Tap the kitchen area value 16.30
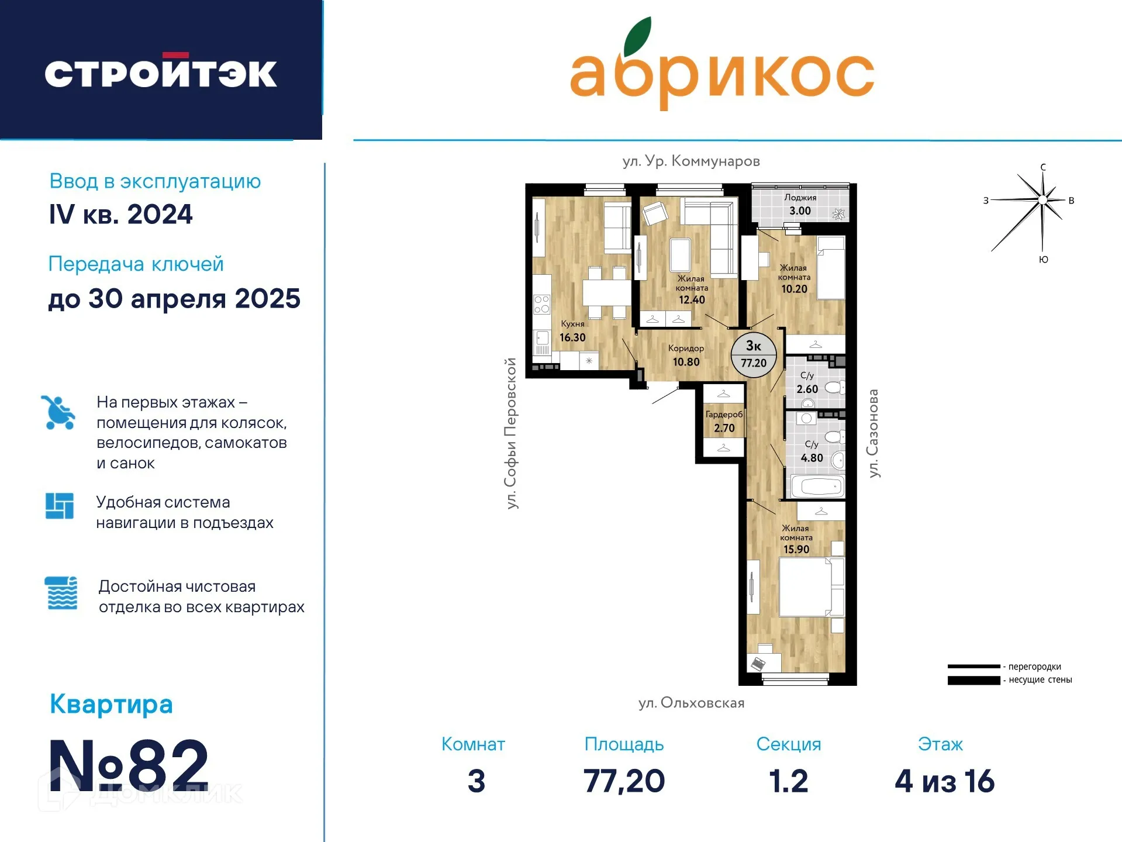pyautogui.click(x=572, y=337)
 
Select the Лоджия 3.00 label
pyautogui.click(x=800, y=205)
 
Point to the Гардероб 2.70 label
pyautogui.click(x=724, y=421)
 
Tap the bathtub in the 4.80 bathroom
pyautogui.click(x=817, y=486)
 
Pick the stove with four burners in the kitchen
pyautogui.click(x=541, y=304)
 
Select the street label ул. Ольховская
pyautogui.click(x=691, y=703)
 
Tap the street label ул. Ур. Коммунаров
pyautogui.click(x=691, y=161)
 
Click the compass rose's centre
pyautogui.click(x=1042, y=200)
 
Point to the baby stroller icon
pyautogui.click(x=58, y=412)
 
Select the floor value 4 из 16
pyautogui.click(x=944, y=781)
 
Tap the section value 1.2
pyautogui.click(x=788, y=781)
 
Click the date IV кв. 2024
pyautogui.click(x=120, y=215)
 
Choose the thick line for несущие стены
pyautogui.click(x=973, y=680)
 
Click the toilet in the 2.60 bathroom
pyautogui.click(x=834, y=387)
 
